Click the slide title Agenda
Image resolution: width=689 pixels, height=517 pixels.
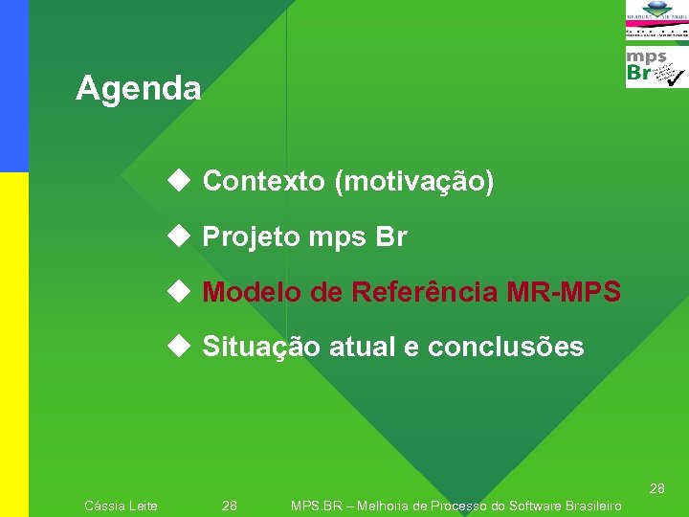(x=139, y=89)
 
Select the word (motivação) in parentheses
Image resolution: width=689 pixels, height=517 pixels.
(x=413, y=181)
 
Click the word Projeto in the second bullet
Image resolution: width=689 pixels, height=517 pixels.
(x=251, y=237)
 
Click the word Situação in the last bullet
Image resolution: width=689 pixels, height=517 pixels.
(x=261, y=347)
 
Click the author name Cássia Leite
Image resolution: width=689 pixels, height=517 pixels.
(x=122, y=506)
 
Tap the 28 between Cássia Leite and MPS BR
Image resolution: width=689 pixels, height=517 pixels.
(x=230, y=506)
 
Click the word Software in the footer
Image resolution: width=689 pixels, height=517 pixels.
(x=537, y=506)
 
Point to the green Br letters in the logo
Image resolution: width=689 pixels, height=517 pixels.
(x=639, y=74)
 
